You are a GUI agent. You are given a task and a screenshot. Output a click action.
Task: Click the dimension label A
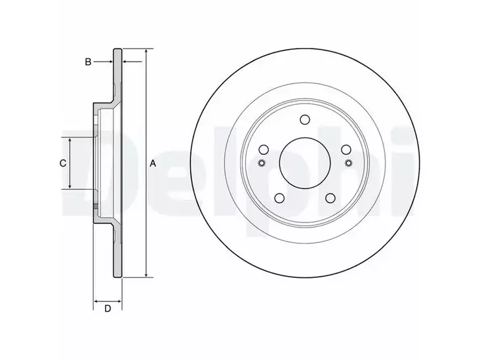click(x=153, y=164)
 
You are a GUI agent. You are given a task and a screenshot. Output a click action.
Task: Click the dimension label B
click(x=88, y=62)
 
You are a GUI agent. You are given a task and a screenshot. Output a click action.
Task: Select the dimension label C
click(x=63, y=163)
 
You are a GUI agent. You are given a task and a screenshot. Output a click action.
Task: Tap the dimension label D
click(x=108, y=309)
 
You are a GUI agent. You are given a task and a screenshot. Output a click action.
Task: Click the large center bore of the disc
click(x=305, y=163)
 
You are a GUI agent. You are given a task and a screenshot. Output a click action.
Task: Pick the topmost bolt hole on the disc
click(x=305, y=120)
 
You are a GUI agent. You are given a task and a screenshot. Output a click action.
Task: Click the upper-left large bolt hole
click(x=264, y=150)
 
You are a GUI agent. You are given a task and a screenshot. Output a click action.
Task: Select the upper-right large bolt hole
click(x=346, y=150)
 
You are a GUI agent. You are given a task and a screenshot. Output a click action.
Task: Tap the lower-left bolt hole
click(x=279, y=198)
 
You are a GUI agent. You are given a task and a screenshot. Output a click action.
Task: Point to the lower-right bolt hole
click(x=330, y=198)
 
